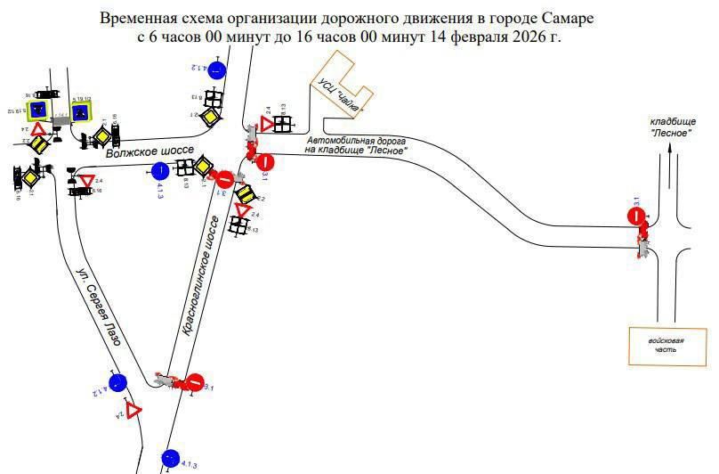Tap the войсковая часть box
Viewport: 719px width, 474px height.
click(x=662, y=345)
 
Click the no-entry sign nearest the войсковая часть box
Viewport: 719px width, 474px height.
click(x=636, y=216)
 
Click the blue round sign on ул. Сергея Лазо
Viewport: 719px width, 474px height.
click(x=117, y=384)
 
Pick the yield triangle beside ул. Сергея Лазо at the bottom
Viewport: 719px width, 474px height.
click(x=133, y=411)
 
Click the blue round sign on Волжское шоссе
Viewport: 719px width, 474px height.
click(x=160, y=170)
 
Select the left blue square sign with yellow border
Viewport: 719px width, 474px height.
click(x=38, y=110)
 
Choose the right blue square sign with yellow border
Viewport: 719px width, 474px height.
click(x=81, y=111)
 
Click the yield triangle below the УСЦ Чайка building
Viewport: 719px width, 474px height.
click(x=267, y=124)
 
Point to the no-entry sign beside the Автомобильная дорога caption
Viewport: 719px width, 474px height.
click(x=264, y=162)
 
